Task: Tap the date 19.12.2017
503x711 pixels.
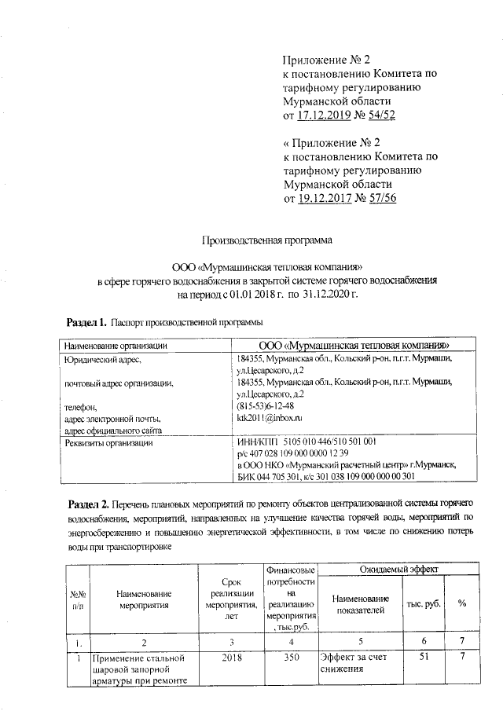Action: coord(323,197)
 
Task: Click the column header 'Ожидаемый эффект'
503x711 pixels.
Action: coord(399,567)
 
